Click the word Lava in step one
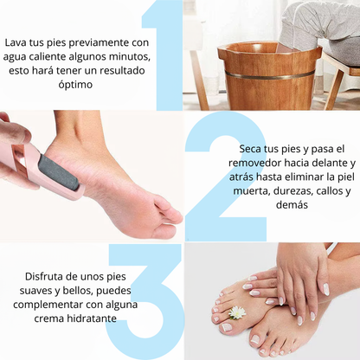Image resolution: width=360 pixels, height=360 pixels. tap(16, 41)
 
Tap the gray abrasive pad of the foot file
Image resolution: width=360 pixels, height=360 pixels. tap(60, 169)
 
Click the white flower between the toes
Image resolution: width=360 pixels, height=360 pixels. tap(236, 312)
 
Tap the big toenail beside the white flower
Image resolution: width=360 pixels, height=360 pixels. tap(227, 327)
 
